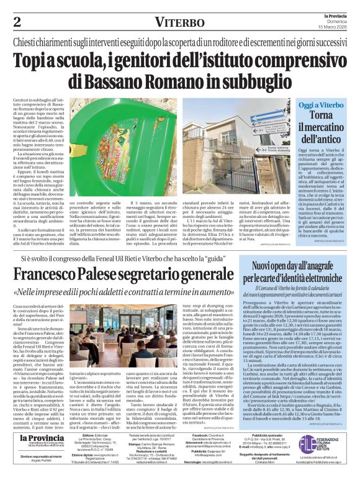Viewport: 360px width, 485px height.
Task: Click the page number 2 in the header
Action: (17, 22)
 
